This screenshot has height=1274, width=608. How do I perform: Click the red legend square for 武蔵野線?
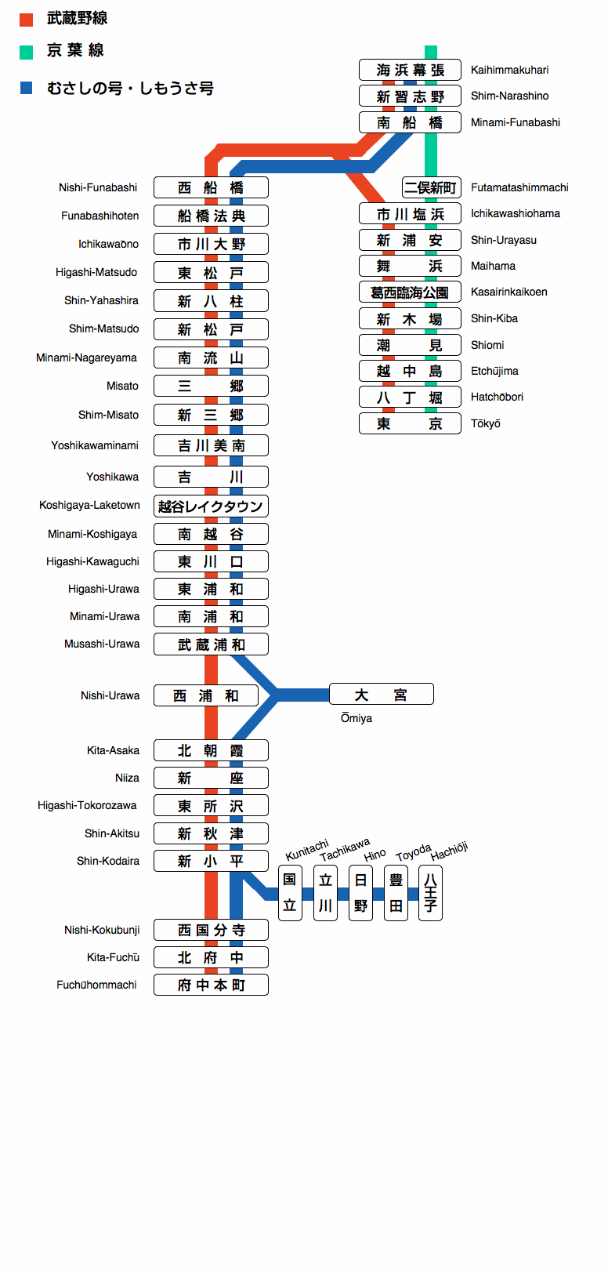click(26, 20)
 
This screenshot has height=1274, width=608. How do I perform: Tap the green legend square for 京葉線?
click(26, 53)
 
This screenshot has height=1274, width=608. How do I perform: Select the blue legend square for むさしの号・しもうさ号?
click(26, 88)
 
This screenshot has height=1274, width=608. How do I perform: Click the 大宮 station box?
click(381, 695)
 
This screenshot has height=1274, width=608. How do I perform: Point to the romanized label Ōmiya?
click(356, 718)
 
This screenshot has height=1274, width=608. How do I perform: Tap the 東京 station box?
click(410, 423)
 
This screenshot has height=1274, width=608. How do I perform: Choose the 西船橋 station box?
click(211, 187)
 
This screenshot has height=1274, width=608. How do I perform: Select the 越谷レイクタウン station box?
click(211, 506)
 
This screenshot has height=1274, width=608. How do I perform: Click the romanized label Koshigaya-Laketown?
click(89, 506)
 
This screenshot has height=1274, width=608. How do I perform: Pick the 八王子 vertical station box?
click(430, 892)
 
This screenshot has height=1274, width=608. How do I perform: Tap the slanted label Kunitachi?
click(307, 851)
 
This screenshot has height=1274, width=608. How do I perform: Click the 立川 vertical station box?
click(325, 892)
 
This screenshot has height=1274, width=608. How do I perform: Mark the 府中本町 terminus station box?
click(211, 985)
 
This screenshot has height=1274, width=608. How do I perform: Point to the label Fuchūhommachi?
click(96, 985)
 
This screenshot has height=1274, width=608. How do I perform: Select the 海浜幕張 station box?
click(410, 70)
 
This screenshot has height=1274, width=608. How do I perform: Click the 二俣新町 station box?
click(430, 187)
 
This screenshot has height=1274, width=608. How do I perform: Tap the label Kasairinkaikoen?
click(509, 292)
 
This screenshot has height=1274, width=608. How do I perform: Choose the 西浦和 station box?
click(206, 695)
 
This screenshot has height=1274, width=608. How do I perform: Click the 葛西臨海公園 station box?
click(410, 292)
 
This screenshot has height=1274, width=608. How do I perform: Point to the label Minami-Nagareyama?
click(86, 358)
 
